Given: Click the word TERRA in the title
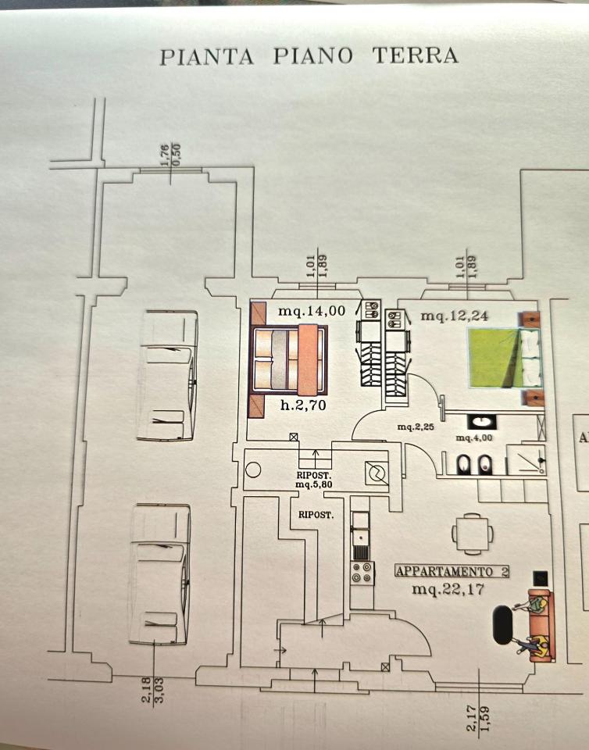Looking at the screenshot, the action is [x=415, y=55].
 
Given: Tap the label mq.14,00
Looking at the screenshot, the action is [x=312, y=311].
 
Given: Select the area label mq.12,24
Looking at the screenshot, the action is [x=454, y=316].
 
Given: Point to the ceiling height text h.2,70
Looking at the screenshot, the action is [x=303, y=405].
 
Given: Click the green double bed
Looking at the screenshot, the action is [x=505, y=358].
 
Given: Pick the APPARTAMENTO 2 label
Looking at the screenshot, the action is [x=452, y=571].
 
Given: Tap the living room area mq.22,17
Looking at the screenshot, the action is [x=448, y=589].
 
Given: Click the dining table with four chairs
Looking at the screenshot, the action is [x=473, y=534].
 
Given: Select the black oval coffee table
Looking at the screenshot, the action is [x=503, y=625].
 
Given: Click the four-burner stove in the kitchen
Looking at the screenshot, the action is [x=362, y=573].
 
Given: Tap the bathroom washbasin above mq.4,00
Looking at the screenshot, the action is [x=481, y=422].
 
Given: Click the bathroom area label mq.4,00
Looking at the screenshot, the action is [x=474, y=437].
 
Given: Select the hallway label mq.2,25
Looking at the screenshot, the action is [x=416, y=427].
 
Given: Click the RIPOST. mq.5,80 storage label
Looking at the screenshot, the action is [x=314, y=480].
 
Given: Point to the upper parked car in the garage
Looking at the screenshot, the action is [x=167, y=375].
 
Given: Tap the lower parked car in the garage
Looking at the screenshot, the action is [x=159, y=574].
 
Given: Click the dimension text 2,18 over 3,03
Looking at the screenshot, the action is [x=153, y=690].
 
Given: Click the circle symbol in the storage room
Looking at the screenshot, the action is [x=253, y=470].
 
